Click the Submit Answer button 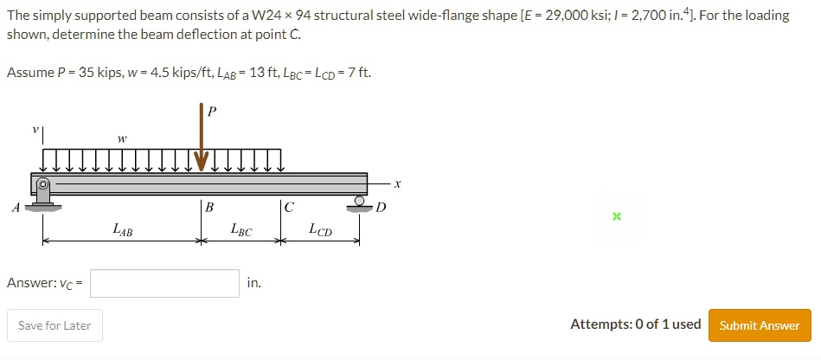[760, 325]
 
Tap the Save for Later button [55, 325]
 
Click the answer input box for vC [164, 283]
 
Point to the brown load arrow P [202, 138]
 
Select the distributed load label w [122, 138]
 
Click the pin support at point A [42, 195]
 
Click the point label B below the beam [208, 207]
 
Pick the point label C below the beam [288, 207]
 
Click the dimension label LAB [122, 230]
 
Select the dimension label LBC [241, 230]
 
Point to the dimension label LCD [320, 230]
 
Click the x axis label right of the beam [398, 183]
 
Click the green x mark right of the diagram [616, 216]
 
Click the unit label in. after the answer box [253, 283]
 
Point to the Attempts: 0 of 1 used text [635, 325]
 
